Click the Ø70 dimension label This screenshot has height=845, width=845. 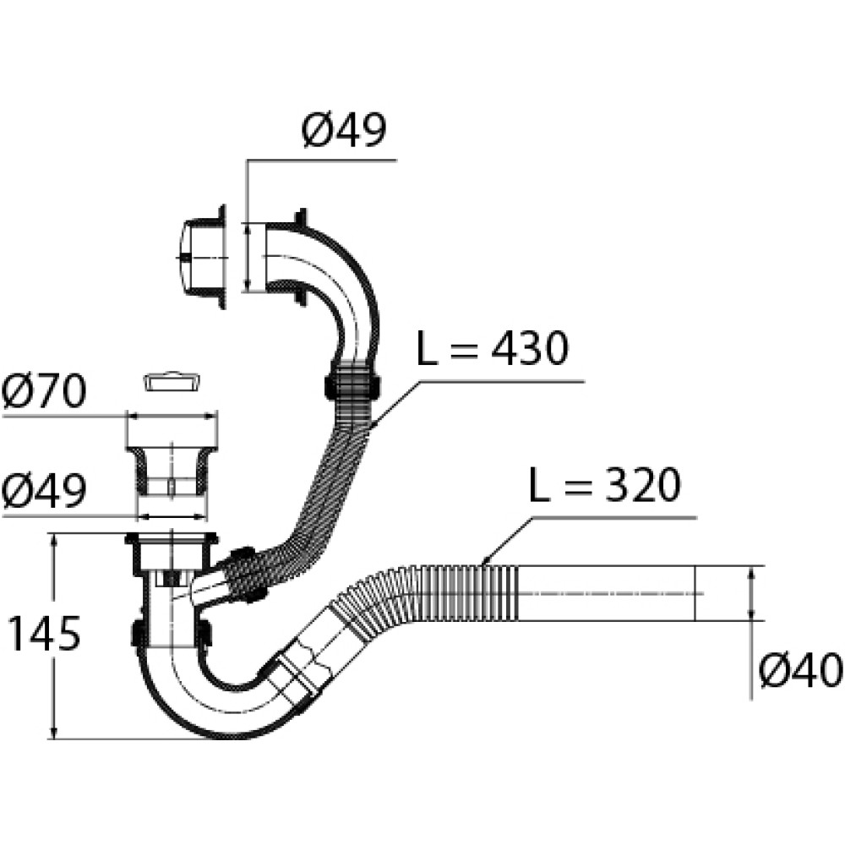[44, 393]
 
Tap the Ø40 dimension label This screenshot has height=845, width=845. [799, 673]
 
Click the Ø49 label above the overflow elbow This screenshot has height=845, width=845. [342, 132]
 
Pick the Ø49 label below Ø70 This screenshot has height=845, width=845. [44, 491]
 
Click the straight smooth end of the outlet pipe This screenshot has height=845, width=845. [608, 592]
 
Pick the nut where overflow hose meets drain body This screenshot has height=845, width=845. [241, 575]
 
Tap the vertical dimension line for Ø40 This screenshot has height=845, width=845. [751, 593]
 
